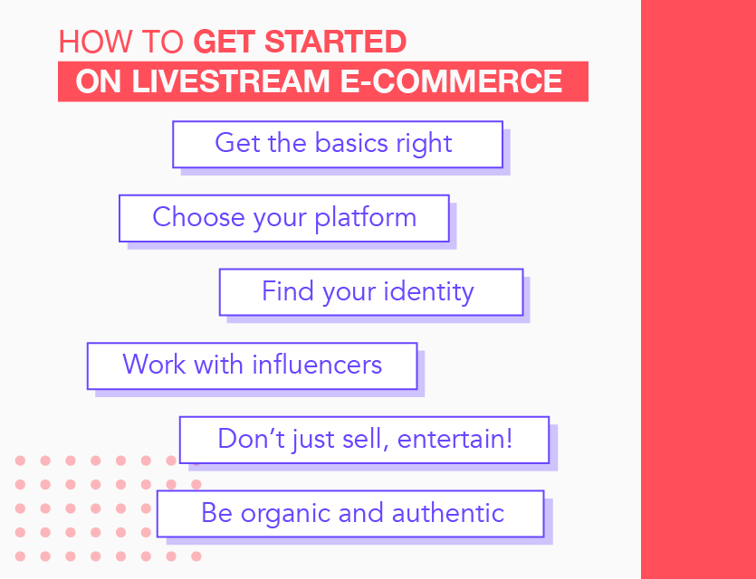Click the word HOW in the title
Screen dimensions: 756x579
pos(94,42)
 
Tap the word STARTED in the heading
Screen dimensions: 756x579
pos(336,42)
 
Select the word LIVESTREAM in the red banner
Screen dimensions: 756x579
pos(231,81)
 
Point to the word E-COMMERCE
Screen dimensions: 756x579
pos(451,81)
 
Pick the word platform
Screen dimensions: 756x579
pos(366,218)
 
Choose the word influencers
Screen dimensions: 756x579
pos(317,365)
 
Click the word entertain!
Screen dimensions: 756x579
pos(455,439)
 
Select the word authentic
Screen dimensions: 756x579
pos(448,513)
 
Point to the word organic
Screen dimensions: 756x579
pos(285,514)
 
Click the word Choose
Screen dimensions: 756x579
pos(199,217)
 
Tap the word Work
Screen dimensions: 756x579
pos(154,365)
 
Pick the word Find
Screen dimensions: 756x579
pos(288,291)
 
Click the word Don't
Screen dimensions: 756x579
pos(251,439)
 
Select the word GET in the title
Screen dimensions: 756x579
pos(225,42)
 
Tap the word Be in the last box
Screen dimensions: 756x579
pos(217,513)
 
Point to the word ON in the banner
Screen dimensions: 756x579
pos(99,81)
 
